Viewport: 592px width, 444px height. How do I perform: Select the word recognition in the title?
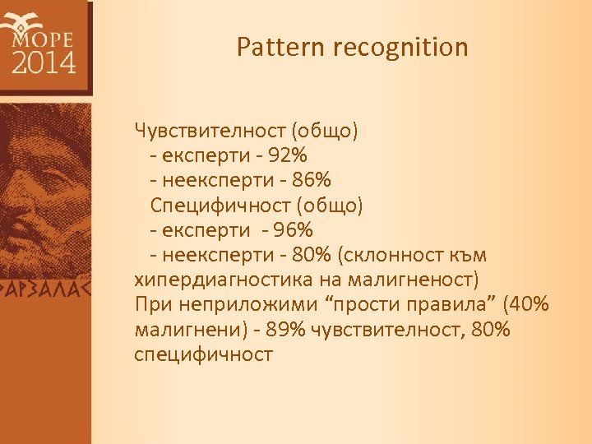[400, 48]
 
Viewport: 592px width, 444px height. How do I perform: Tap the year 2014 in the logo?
[44, 62]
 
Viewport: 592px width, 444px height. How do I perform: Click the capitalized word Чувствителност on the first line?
[208, 130]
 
